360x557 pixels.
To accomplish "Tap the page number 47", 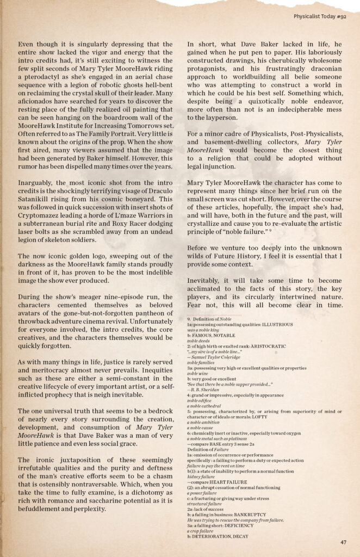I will click(343, 542).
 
